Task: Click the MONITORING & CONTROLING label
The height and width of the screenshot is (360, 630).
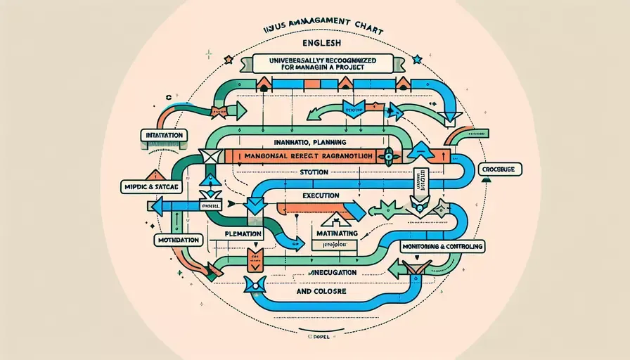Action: click(x=444, y=247)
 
